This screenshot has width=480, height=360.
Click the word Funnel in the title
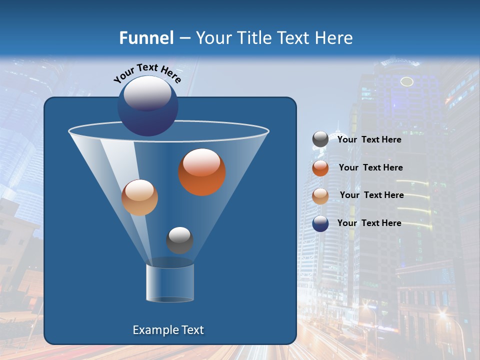[x=146, y=38]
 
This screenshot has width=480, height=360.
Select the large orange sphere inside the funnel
[x=202, y=172]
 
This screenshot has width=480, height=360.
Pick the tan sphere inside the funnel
[x=139, y=197]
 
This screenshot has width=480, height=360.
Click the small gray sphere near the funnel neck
[x=179, y=240]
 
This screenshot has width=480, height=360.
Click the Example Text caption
[x=168, y=330]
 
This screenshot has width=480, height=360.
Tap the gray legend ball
[x=320, y=139]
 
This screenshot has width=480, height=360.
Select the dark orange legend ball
[x=320, y=168]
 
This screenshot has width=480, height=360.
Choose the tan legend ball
[x=320, y=195]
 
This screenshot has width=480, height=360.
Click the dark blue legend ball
[x=320, y=223]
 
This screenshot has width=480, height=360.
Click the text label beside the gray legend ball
[x=369, y=139]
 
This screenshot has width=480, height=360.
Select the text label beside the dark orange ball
[x=370, y=167]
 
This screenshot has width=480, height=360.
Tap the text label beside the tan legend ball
[x=371, y=195]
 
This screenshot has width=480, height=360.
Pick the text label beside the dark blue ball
[x=369, y=223]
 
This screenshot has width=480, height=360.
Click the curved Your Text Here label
[x=147, y=72]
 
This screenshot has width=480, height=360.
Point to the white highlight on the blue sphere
[x=147, y=93]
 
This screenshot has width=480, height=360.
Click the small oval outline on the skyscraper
[x=407, y=81]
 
